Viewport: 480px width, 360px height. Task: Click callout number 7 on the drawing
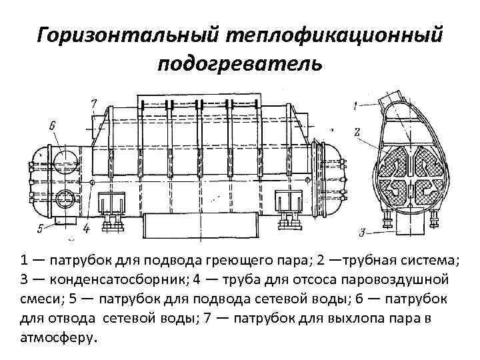coord(94,103)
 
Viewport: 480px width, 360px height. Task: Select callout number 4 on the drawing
coord(87,228)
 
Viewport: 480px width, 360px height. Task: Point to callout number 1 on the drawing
coord(355,105)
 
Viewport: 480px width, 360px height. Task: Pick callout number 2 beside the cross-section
coord(357,132)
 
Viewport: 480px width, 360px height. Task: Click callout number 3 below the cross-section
coord(362,232)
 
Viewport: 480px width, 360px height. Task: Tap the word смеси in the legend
coord(43,298)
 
